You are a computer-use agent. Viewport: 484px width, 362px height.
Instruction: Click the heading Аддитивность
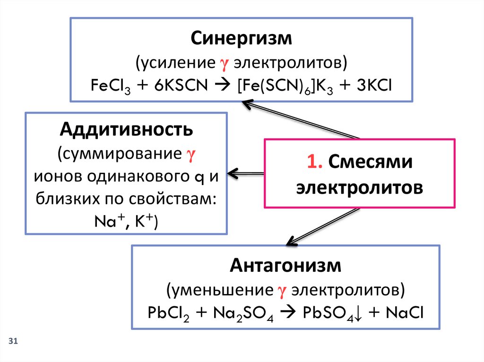126,129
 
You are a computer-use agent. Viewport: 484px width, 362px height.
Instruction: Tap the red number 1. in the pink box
314,162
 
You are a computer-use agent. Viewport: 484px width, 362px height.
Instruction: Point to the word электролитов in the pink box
359,187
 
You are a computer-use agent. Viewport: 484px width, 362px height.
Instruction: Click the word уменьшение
220,289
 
